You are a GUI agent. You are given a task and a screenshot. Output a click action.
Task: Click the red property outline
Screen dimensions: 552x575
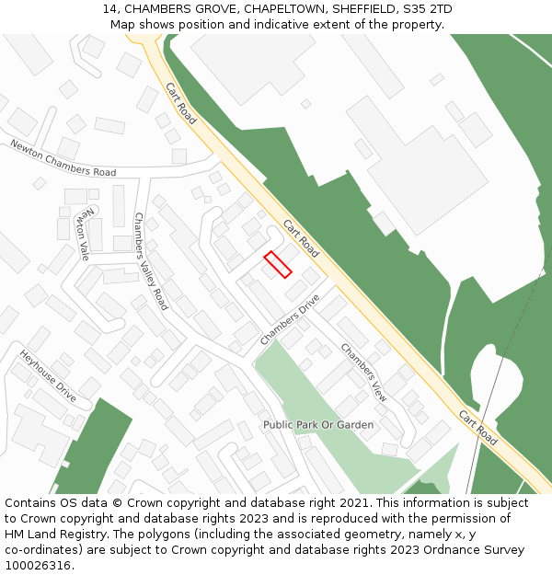pyautogui.click(x=278, y=264)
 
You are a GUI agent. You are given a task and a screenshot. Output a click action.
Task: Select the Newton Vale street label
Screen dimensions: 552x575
pyautogui.click(x=84, y=233)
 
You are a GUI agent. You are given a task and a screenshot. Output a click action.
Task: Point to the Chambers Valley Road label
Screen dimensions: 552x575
pyautogui.click(x=151, y=261)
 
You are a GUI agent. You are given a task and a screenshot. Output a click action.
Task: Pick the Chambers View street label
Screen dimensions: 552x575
pyautogui.click(x=364, y=372)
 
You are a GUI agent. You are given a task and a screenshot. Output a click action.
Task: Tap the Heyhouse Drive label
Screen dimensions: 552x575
pyautogui.click(x=48, y=376)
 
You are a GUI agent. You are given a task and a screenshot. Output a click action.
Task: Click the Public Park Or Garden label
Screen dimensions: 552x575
pyautogui.click(x=318, y=425)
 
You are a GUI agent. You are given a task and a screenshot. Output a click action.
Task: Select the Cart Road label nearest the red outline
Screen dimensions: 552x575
pyautogui.click(x=302, y=238)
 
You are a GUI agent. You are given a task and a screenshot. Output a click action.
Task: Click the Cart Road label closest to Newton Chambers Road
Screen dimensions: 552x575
pyautogui.click(x=181, y=103)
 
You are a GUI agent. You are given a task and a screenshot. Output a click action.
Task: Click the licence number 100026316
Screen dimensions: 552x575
pyautogui.click(x=36, y=566)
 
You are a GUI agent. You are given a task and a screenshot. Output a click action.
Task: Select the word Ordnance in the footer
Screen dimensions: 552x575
pyautogui.click(x=446, y=550)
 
